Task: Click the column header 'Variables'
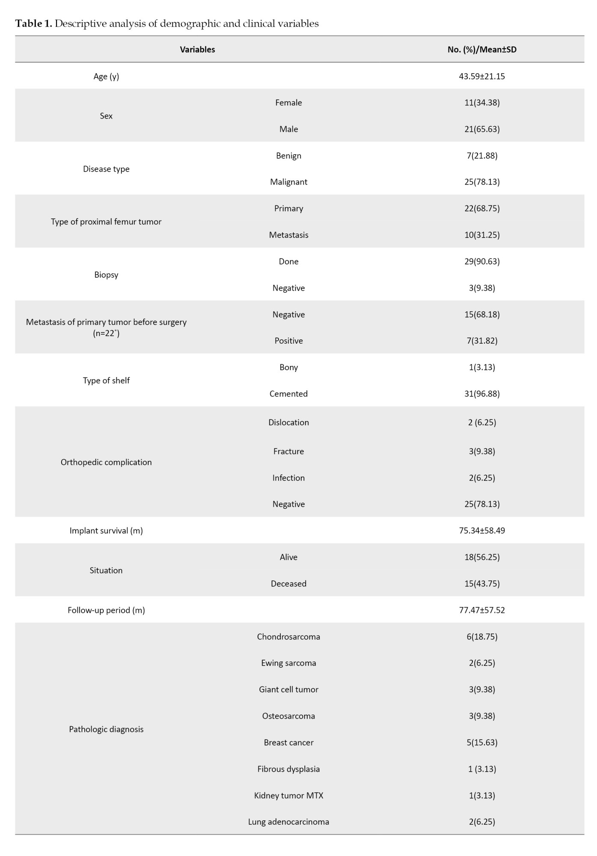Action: [x=197, y=50]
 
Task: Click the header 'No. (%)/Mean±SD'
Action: [x=482, y=50]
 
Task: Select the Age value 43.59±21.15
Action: [x=482, y=76]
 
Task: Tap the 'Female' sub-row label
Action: [x=288, y=103]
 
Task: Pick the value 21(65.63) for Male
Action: [x=482, y=129]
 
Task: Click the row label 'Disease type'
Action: [x=106, y=169]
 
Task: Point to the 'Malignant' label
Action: [x=288, y=182]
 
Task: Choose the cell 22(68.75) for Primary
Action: [x=482, y=208]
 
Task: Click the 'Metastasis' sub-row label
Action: [x=288, y=235]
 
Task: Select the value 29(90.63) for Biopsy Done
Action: [x=482, y=262]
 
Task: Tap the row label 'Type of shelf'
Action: [x=106, y=380]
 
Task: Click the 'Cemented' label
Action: [x=288, y=394]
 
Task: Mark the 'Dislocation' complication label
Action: [x=288, y=422]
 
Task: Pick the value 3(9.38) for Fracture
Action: [x=482, y=452]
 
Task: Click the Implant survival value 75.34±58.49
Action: [x=482, y=531]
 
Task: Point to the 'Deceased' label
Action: [x=288, y=584]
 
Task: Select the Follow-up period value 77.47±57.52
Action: [x=482, y=610]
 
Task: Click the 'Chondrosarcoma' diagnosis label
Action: [x=288, y=637]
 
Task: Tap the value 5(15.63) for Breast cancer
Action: [x=482, y=743]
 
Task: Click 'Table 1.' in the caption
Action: [x=33, y=24]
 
